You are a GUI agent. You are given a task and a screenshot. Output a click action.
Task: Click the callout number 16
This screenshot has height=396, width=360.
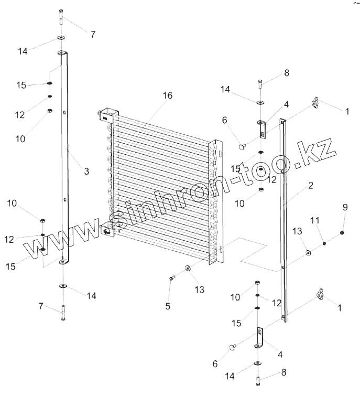[x=167, y=95]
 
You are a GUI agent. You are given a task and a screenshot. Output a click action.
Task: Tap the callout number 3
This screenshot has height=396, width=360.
[x=86, y=171]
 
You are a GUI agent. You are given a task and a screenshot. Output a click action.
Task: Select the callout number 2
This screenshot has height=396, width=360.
[x=310, y=186]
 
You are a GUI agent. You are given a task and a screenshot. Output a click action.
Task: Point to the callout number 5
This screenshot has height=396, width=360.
[x=168, y=306]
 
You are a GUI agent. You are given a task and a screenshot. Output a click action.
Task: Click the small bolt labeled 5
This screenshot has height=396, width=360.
[x=171, y=278]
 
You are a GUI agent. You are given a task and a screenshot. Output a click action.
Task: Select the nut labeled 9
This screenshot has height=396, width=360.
[x=342, y=232]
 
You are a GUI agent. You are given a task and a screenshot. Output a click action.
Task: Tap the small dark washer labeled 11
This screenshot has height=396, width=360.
[x=325, y=243]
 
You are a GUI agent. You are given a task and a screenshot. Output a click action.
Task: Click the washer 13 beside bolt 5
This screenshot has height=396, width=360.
[x=188, y=269]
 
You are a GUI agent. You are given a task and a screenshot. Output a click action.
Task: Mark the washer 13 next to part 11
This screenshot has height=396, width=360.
[x=309, y=253]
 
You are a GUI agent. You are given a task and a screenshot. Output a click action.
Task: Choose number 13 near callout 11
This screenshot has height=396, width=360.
[x=297, y=231]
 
